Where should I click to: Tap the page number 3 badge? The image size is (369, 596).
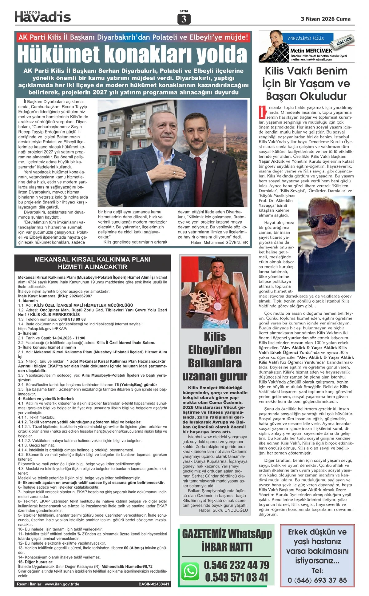coord(184,19)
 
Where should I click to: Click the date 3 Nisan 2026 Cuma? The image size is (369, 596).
coord(326,19)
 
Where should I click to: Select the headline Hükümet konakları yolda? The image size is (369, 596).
coord(132,54)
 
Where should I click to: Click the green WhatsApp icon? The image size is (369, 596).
coord(190,571)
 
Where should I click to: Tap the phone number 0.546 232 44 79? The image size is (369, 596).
coord(236,565)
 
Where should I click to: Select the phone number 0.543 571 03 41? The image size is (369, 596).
coord(236,577)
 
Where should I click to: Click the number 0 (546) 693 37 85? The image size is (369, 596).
coord(317,580)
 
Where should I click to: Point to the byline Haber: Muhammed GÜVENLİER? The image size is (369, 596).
coord(219,242)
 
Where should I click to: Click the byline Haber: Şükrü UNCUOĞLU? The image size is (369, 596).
coord(223,510)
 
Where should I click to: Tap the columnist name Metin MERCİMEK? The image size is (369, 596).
coord(311,50)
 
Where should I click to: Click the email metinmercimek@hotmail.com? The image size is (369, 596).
coord(311,60)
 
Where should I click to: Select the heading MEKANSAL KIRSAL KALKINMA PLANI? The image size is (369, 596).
coord(93,259)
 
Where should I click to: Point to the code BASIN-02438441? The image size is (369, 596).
coord(154,584)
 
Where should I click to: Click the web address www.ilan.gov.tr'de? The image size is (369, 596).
coord(62,584)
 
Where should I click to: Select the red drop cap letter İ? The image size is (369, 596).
coord(262,112)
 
